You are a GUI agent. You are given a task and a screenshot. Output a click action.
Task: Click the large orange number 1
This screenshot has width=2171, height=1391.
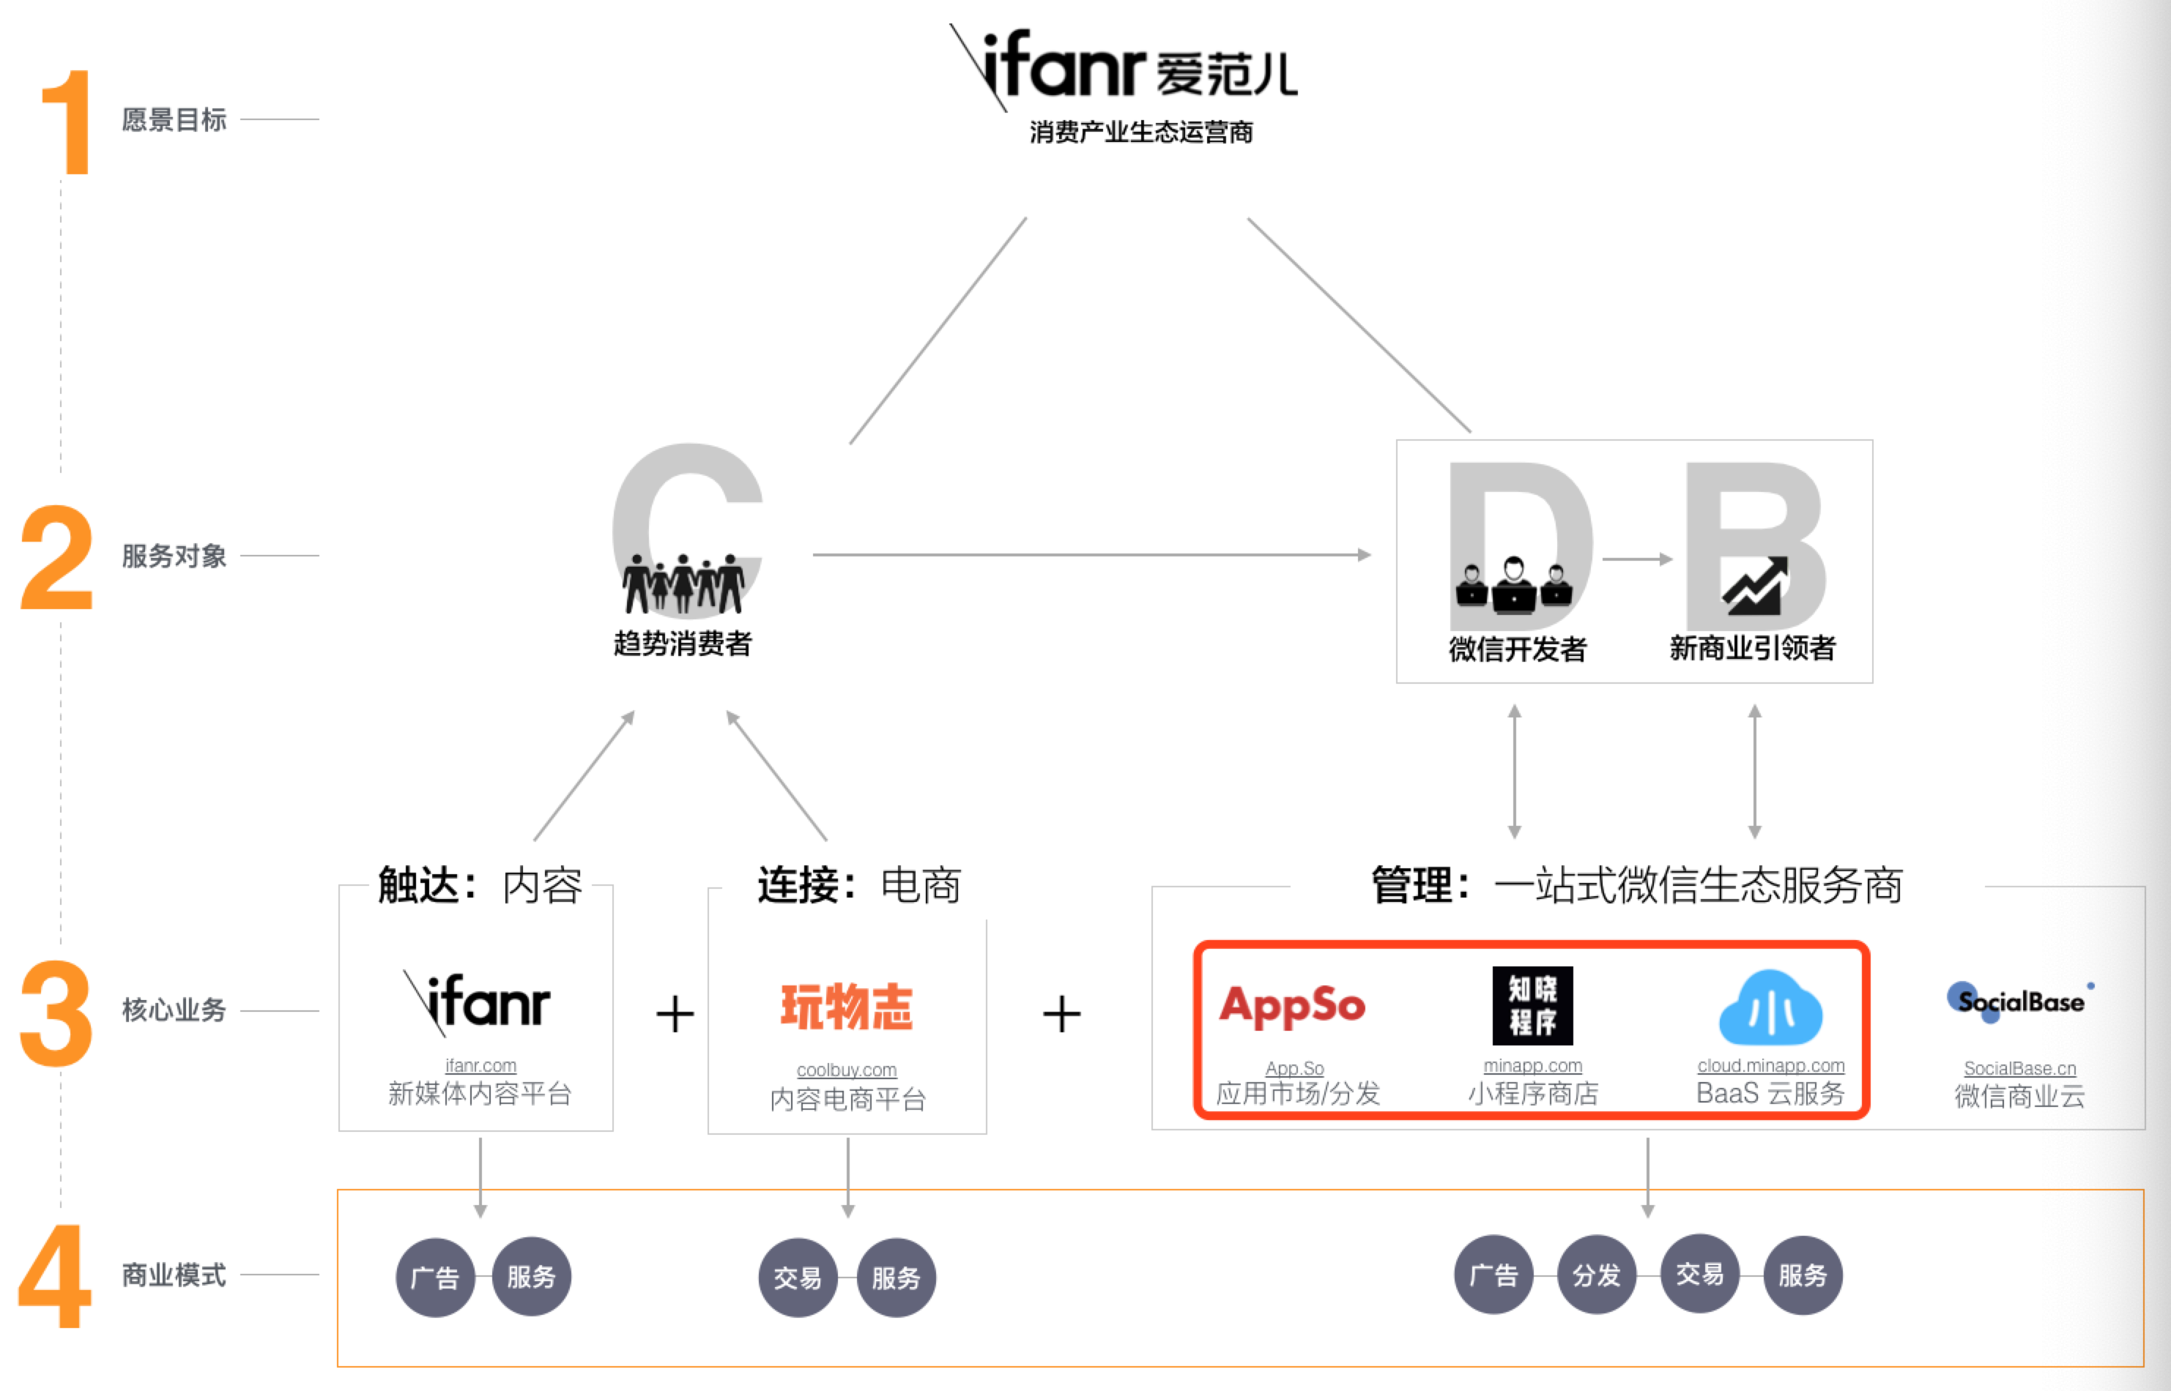coord(68,123)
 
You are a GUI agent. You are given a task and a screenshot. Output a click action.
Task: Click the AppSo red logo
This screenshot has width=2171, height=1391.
coord(1292,1005)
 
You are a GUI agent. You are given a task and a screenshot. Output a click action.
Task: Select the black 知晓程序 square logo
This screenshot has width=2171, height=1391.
coord(1532,1005)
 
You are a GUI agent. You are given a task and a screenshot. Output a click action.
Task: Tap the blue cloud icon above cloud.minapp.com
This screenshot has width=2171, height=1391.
coord(1770,1008)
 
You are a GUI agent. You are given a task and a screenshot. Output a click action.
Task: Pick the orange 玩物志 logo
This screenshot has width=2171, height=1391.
coord(847,1006)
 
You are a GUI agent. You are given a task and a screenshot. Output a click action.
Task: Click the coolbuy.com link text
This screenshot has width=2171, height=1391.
coord(847,1070)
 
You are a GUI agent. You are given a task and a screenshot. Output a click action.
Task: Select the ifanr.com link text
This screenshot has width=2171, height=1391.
coord(480,1066)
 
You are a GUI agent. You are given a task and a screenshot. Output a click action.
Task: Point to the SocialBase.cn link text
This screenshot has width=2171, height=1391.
coord(2019,1069)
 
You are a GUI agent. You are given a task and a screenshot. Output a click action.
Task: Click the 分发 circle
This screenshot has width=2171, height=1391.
coord(1597,1275)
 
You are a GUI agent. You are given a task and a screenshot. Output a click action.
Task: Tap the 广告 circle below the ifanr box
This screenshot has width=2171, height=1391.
coord(434,1278)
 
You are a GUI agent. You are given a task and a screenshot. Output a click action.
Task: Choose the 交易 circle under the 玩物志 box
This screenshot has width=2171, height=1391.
coord(798,1278)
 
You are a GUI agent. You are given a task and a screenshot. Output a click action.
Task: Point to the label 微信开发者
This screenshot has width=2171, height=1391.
coord(1517,649)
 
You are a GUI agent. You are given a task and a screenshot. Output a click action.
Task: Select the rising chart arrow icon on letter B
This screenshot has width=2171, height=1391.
coord(1754,585)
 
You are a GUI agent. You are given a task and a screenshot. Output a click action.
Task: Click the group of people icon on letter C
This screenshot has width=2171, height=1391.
coord(683,583)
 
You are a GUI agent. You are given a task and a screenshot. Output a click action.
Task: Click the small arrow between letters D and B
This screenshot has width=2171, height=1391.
coord(1637,559)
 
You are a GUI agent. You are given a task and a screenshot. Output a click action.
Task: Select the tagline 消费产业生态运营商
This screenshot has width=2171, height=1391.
coord(1141,133)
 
